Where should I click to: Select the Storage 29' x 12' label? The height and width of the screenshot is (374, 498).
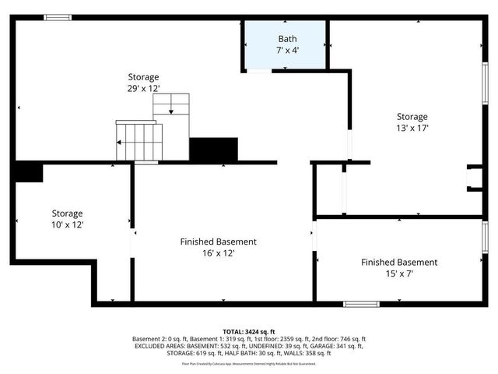pyautogui.click(x=143, y=83)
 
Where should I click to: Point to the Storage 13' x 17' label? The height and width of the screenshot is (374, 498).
pyautogui.click(x=413, y=122)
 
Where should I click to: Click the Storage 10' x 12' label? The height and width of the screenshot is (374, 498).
pyautogui.click(x=67, y=219)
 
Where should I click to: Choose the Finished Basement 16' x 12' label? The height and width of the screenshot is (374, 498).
pyautogui.click(x=218, y=247)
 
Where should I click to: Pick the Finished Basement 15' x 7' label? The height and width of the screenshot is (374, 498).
pyautogui.click(x=398, y=268)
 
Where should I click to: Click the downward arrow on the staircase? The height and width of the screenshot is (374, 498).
pyautogui.click(x=171, y=109)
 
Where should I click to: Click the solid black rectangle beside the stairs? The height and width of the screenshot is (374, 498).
pyautogui.click(x=213, y=149)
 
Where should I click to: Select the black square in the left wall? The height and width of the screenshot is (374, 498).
pyautogui.click(x=28, y=172)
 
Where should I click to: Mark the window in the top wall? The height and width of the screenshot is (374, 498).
pyautogui.click(x=58, y=17)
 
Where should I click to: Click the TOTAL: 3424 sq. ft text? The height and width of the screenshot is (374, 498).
pyautogui.click(x=249, y=331)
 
